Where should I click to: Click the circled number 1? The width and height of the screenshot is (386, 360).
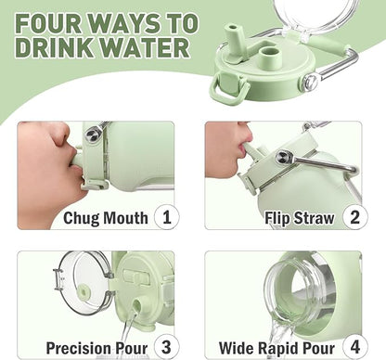[x=167, y=217]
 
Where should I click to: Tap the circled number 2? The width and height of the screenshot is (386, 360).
[x=355, y=217]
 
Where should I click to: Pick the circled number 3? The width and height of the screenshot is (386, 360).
[x=167, y=347]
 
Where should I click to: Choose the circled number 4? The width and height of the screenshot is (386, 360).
[x=355, y=347]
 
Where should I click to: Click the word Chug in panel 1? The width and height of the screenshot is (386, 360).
[x=81, y=218]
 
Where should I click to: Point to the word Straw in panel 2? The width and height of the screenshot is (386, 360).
[x=314, y=218]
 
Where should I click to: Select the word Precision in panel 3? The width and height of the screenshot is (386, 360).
[x=78, y=348]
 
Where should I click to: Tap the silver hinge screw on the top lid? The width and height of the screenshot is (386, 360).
[x=311, y=82]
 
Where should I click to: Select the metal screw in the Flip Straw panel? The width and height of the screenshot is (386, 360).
[x=282, y=158]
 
